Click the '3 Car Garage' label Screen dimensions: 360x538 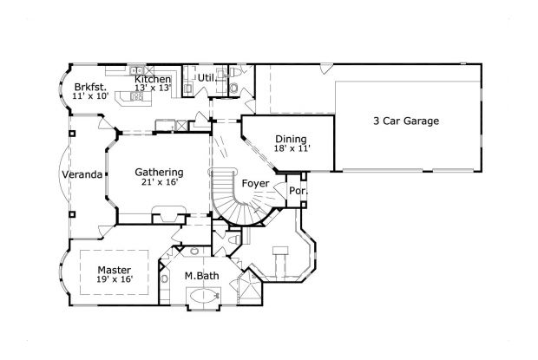pyautogui.click(x=406, y=121)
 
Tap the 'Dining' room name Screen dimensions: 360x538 pyautogui.click(x=291, y=138)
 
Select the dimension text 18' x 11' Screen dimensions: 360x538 pyautogui.click(x=292, y=148)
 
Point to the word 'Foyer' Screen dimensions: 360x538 pyautogui.click(x=255, y=183)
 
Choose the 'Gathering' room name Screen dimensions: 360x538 pyautogui.click(x=159, y=172)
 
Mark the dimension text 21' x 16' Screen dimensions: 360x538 pyautogui.click(x=159, y=183)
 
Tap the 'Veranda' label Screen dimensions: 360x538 pyautogui.click(x=82, y=174)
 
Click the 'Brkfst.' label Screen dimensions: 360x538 pyautogui.click(x=90, y=87)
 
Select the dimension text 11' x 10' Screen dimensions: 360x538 pyautogui.click(x=90, y=96)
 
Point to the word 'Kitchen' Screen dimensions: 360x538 pyautogui.click(x=152, y=79)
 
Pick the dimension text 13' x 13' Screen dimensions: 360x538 pyautogui.click(x=152, y=88)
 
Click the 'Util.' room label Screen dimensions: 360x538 pyautogui.click(x=207, y=78)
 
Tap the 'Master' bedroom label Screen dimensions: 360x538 pyautogui.click(x=114, y=269)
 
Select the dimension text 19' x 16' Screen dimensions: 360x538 pyautogui.click(x=114, y=279)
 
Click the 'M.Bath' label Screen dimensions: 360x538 pyautogui.click(x=200, y=277)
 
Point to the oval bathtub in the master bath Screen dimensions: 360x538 pyautogui.click(x=200, y=298)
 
